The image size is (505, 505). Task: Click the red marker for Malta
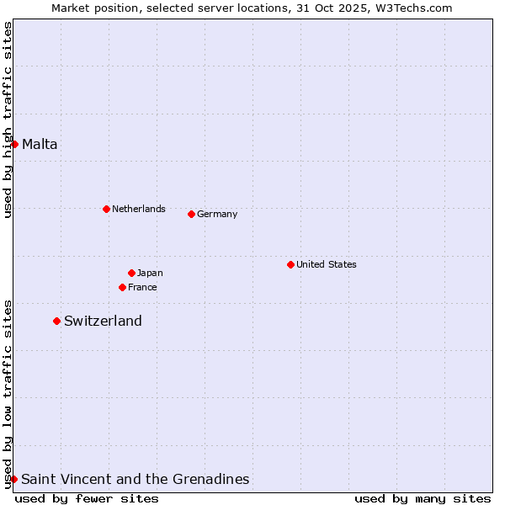click(14, 144)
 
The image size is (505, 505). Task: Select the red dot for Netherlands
click(106, 209)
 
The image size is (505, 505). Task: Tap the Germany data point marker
click(191, 214)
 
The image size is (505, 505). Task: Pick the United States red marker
click(290, 264)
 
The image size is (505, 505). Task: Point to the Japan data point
click(131, 273)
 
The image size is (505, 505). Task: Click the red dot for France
click(122, 287)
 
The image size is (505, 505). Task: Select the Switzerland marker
click(56, 321)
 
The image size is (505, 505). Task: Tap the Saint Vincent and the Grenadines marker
click(13, 479)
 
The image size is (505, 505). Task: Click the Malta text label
click(40, 144)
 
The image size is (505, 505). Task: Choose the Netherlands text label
click(138, 209)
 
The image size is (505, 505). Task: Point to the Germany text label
click(217, 214)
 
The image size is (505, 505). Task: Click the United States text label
click(326, 264)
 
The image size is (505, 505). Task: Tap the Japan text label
click(150, 273)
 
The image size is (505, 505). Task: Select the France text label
click(142, 287)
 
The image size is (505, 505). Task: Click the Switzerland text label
click(103, 321)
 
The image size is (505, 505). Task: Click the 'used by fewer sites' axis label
click(87, 498)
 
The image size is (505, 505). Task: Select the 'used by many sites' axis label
click(423, 498)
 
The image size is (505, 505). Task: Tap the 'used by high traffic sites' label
click(8, 120)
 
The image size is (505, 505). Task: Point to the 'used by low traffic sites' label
click(8, 393)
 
